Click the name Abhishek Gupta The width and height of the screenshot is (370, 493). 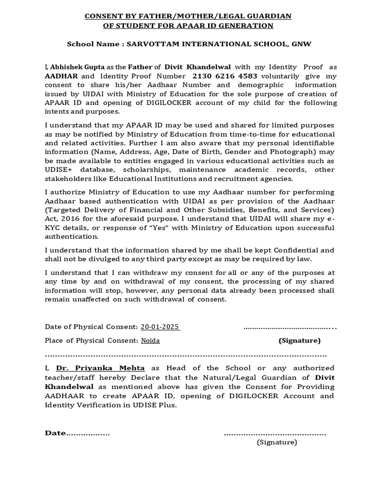click(x=69, y=67)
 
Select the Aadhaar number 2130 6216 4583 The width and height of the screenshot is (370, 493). click(x=225, y=76)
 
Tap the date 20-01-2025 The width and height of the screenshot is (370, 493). click(x=160, y=327)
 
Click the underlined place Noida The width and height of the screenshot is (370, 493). click(x=150, y=340)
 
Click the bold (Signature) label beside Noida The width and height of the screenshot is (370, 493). click(x=299, y=340)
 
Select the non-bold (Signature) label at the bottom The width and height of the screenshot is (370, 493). click(x=277, y=442)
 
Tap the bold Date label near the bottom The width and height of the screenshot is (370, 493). click(x=55, y=433)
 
